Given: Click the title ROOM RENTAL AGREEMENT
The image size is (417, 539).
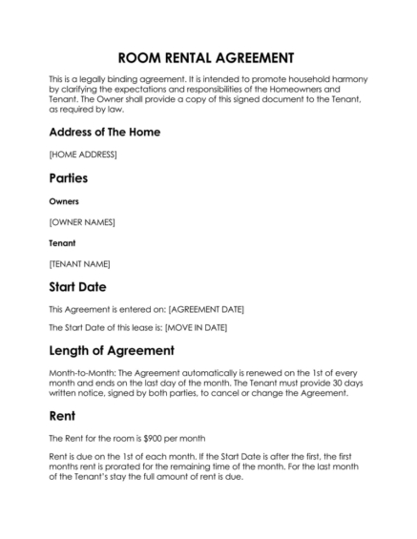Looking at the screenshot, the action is (x=207, y=57).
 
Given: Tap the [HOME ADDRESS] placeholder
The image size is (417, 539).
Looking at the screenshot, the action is (x=82, y=154).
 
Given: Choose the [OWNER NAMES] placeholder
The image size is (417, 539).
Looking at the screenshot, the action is (x=81, y=222).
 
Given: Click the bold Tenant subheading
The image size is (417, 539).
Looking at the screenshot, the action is (x=62, y=243).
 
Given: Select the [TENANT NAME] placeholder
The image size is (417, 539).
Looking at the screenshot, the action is (x=79, y=263).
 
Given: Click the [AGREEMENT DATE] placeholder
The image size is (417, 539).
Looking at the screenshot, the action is (x=206, y=309).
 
